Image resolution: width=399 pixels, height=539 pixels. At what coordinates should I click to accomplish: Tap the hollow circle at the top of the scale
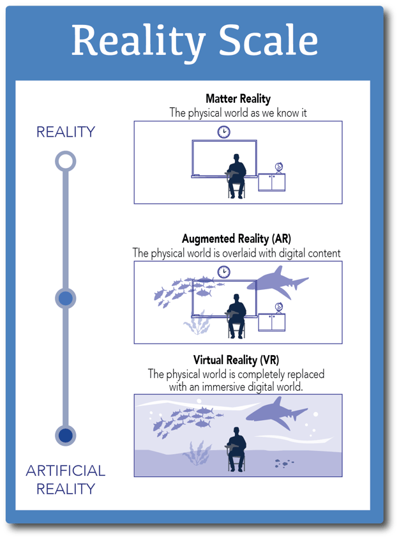(x=65, y=160)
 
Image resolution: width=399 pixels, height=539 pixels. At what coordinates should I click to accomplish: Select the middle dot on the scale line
(x=65, y=298)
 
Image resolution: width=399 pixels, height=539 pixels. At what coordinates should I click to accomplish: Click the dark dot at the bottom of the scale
(x=65, y=436)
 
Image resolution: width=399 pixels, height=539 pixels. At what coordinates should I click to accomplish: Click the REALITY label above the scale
(x=65, y=132)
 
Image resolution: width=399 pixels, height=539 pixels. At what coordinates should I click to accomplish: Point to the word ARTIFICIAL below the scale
(x=65, y=471)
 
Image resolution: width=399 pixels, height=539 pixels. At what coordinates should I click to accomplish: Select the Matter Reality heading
(x=238, y=99)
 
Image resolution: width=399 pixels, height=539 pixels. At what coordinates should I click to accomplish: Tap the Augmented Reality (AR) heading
(x=236, y=239)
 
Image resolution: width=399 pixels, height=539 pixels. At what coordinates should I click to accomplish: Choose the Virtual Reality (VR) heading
(x=236, y=360)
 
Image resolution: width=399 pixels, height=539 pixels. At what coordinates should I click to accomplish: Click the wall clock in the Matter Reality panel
(x=223, y=132)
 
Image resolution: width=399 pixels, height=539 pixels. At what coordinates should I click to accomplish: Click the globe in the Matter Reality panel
(x=279, y=167)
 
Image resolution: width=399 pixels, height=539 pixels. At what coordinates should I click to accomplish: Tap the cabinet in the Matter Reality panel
(x=272, y=182)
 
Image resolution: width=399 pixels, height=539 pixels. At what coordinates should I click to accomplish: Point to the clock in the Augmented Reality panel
(x=223, y=272)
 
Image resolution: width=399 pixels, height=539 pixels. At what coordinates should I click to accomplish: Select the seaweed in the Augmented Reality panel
(x=197, y=323)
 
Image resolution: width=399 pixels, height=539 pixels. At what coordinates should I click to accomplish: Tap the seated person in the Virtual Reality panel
(x=236, y=447)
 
